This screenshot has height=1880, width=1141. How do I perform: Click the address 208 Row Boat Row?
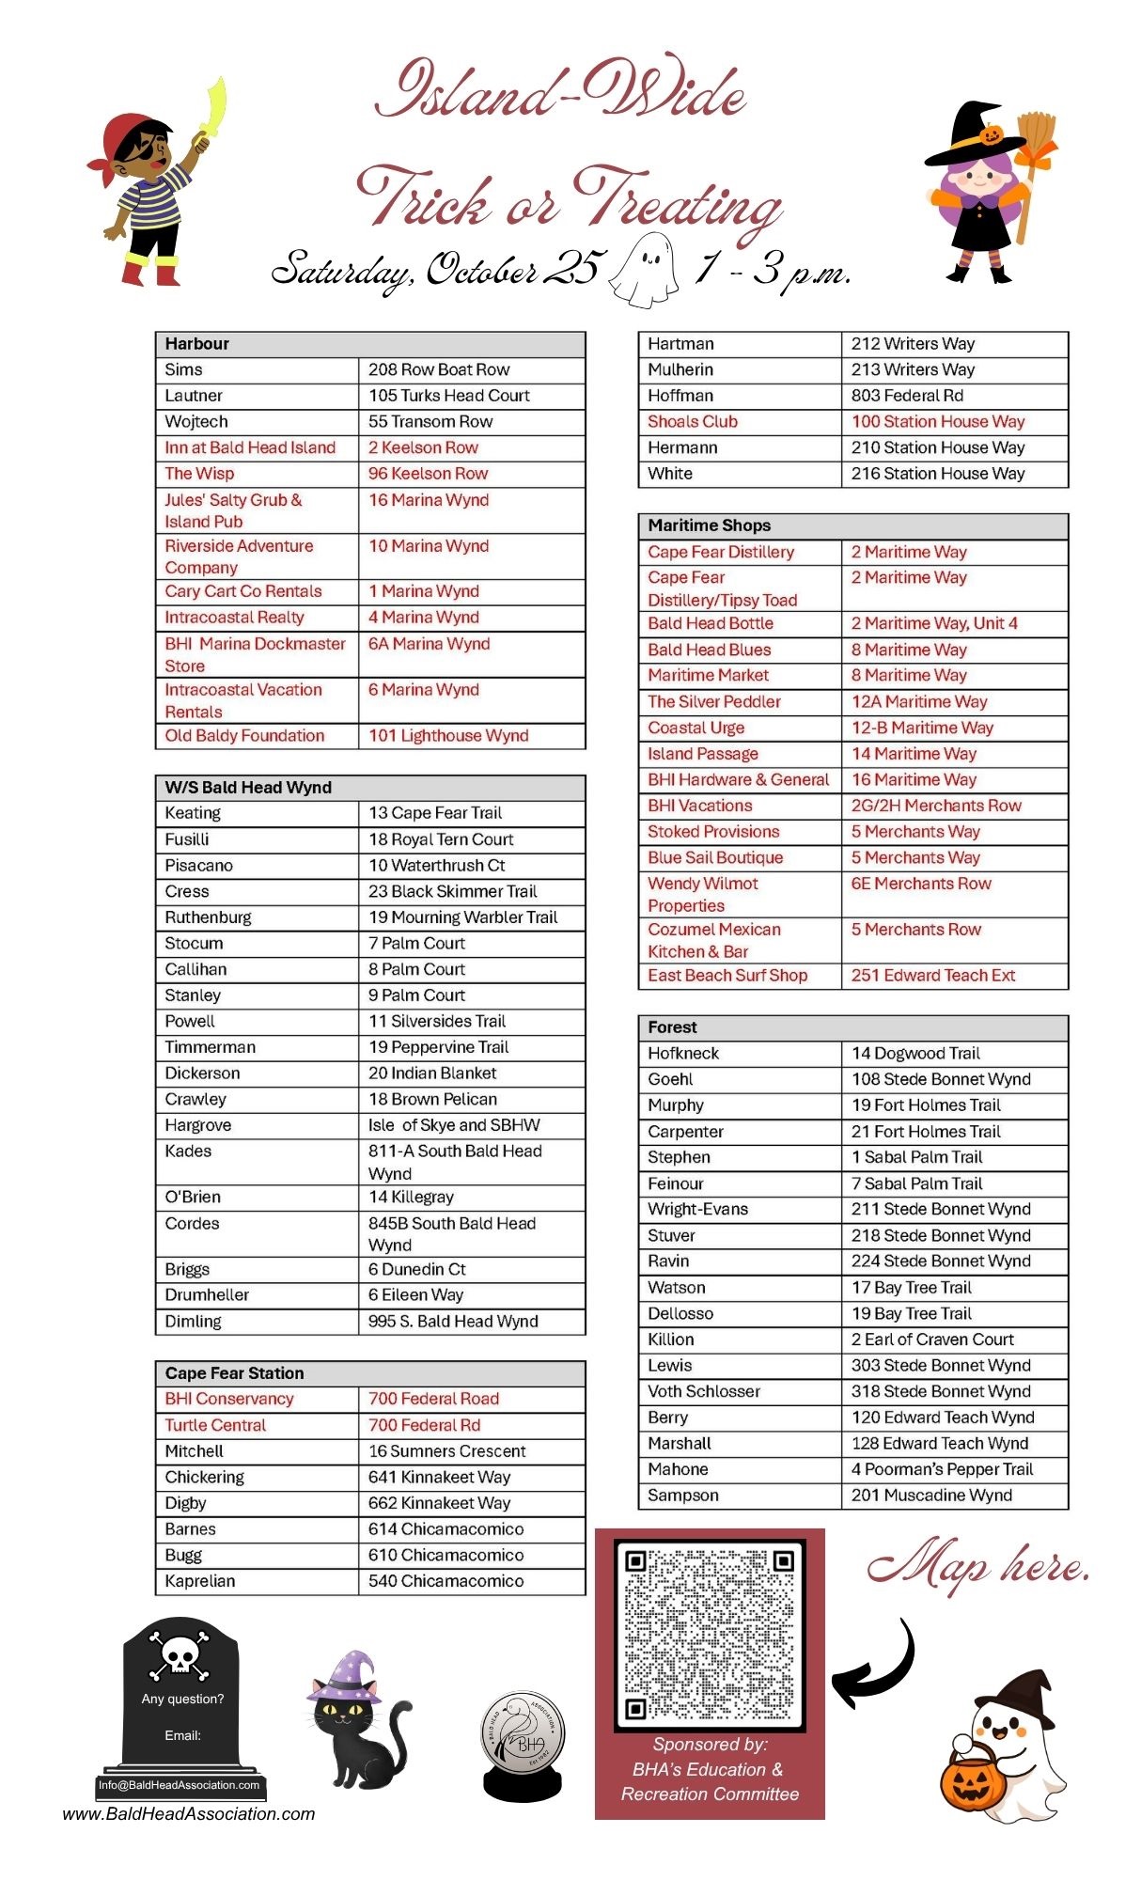[439, 370]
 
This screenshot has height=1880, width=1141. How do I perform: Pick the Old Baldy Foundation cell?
[245, 736]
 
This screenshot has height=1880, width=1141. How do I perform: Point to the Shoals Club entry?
[693, 422]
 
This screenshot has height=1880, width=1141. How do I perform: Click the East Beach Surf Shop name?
[727, 976]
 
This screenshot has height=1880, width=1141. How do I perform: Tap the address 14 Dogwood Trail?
[915, 1054]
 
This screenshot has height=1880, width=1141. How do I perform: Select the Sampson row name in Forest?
[683, 1496]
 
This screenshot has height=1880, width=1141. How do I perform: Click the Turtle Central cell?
[215, 1426]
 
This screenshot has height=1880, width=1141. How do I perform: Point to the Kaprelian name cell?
[200, 1581]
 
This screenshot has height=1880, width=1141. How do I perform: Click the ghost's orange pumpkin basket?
[972, 1782]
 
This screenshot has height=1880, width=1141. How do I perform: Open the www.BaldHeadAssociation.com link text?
[189, 1814]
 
